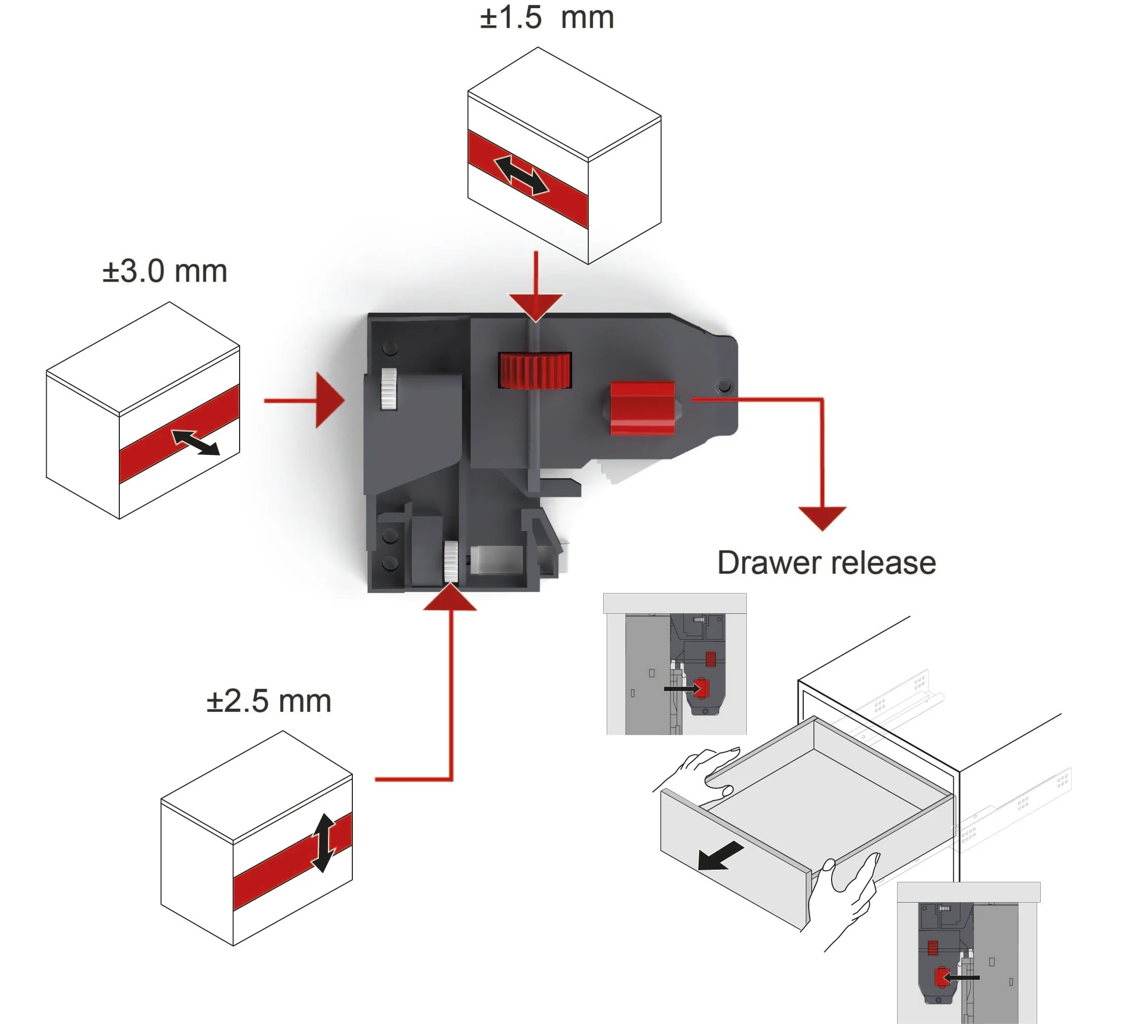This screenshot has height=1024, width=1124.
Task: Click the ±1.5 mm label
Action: tap(547, 18)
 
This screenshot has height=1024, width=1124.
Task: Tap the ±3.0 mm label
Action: tap(164, 272)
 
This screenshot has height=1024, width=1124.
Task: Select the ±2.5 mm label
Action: tap(269, 701)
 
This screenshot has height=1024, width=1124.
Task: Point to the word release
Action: tap(884, 563)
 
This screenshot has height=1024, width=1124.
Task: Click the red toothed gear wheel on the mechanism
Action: tap(535, 370)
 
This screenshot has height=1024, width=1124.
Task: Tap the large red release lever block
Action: tap(642, 408)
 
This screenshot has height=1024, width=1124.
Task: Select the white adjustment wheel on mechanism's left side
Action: tap(388, 388)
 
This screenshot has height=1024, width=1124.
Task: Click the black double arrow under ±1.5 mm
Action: tap(521, 175)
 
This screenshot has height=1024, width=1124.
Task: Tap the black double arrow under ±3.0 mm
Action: tap(195, 442)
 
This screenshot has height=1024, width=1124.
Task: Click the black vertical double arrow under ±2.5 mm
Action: tap(324, 843)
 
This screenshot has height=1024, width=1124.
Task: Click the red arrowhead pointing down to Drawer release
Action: tap(822, 517)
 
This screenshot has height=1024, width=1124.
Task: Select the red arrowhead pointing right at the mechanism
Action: tap(329, 400)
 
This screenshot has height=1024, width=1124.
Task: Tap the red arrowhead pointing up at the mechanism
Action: tap(450, 598)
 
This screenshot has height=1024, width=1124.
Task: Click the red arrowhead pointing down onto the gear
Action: tap(535, 307)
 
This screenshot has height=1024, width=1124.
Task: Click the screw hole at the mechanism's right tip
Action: tap(724, 386)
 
